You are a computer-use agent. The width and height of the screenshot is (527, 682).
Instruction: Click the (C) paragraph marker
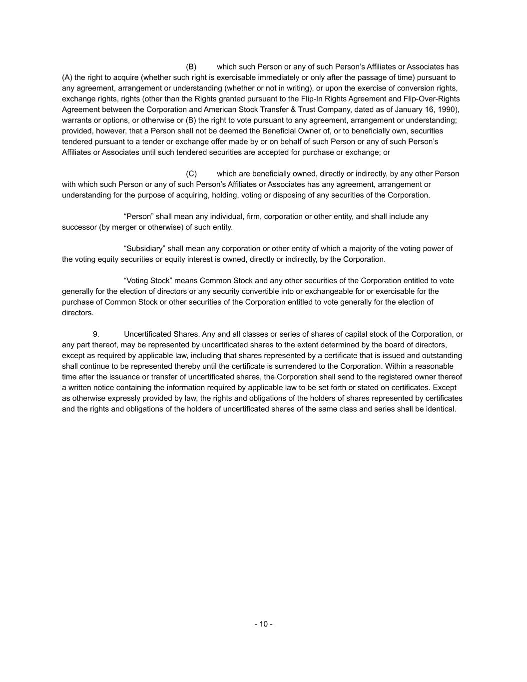(191, 174)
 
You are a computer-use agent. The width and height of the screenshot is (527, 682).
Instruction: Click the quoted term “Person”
(138, 217)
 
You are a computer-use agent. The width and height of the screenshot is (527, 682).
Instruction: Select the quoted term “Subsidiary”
(144, 249)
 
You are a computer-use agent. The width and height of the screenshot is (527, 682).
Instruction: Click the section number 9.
(96, 334)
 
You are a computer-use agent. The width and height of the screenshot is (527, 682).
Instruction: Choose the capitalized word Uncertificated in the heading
(147, 334)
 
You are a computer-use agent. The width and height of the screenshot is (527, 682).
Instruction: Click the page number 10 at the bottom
(263, 624)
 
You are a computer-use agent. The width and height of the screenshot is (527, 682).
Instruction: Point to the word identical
(440, 409)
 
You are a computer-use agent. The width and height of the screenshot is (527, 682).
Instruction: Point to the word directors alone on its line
(77, 313)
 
